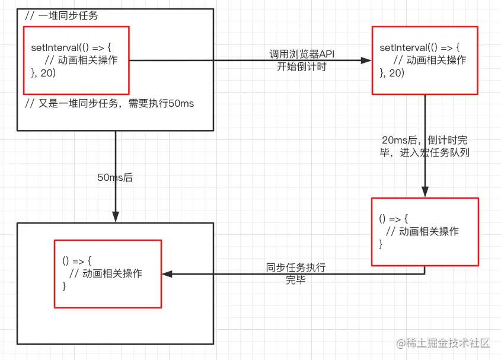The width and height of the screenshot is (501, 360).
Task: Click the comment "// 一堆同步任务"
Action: point(62,16)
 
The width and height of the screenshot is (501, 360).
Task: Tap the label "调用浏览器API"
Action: point(302,55)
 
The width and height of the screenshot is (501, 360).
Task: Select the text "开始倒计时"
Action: point(302,66)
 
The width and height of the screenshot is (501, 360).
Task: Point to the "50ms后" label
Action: point(115,177)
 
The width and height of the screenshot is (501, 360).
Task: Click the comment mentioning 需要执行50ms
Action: point(110,103)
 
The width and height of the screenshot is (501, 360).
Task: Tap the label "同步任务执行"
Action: point(296,268)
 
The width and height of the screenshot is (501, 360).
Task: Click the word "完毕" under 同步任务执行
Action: point(296,280)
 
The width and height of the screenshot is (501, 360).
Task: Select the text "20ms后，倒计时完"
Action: point(425,141)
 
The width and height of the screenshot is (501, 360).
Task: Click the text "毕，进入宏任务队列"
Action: point(425,152)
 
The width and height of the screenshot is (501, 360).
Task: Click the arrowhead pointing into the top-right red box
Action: point(366,60)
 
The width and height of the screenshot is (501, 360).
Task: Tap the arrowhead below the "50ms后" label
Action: point(115,217)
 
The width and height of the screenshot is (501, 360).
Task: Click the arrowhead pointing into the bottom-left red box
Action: point(167,274)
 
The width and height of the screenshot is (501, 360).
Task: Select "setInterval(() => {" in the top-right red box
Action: point(419,47)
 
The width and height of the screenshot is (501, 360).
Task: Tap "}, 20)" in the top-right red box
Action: point(392,73)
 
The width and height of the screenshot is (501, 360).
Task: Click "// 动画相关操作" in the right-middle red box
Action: point(422,231)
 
